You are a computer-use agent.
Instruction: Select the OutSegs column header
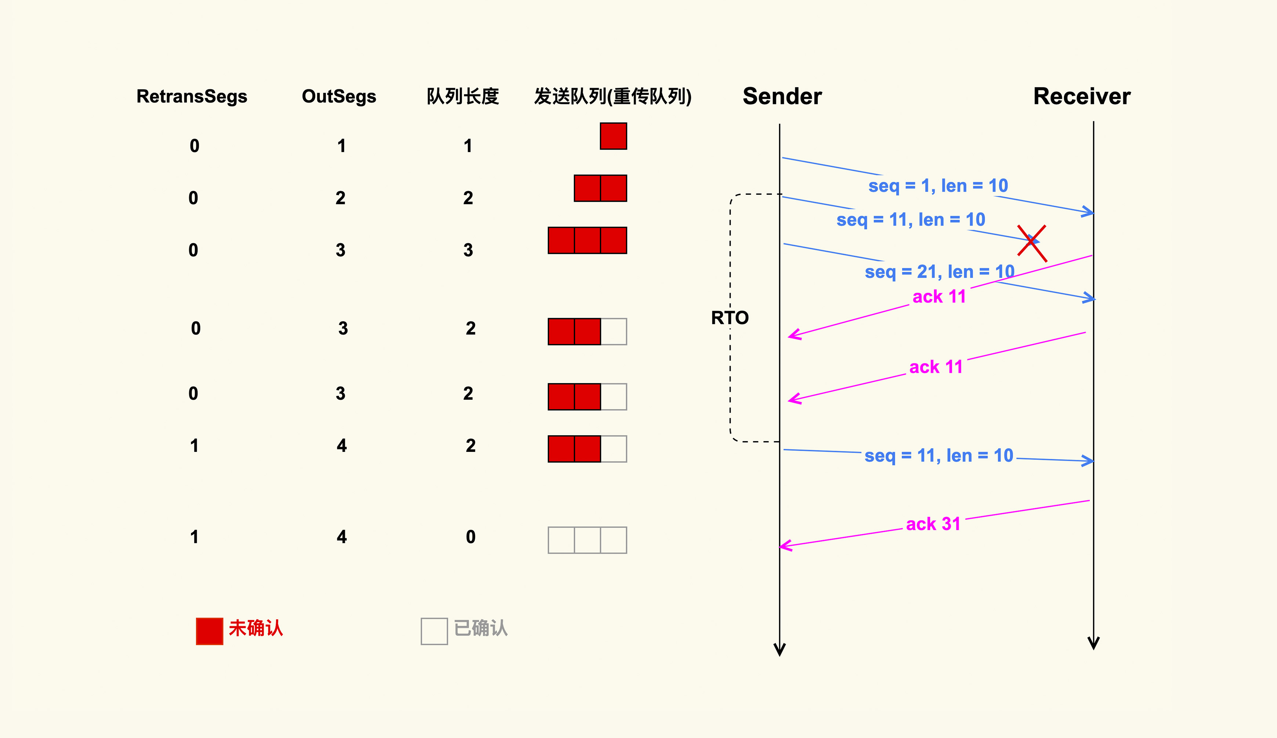click(339, 96)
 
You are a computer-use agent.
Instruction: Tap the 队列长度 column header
click(463, 96)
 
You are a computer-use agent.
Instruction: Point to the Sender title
click(782, 96)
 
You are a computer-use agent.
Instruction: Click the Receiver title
click(1081, 96)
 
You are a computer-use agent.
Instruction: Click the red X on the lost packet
click(1032, 243)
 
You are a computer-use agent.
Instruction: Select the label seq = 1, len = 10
click(938, 186)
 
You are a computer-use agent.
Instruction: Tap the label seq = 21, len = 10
click(940, 272)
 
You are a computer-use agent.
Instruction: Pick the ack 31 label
click(933, 523)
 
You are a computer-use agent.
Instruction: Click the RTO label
click(730, 318)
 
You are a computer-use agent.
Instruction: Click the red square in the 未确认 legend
click(209, 631)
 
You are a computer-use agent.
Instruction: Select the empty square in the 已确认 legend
click(434, 631)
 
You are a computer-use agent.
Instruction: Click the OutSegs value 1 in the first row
click(341, 146)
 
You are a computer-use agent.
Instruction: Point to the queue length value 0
click(471, 537)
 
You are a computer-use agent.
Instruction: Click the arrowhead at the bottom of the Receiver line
click(1094, 644)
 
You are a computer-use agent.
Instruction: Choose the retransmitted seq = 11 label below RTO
click(938, 455)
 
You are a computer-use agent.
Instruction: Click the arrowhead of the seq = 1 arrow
click(1089, 212)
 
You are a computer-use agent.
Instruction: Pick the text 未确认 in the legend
click(256, 629)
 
